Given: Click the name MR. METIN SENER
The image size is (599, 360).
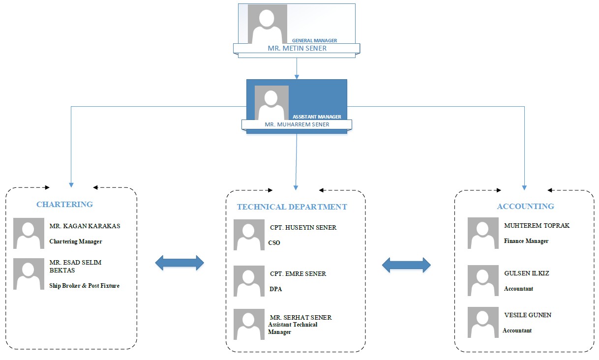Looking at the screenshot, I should [x=297, y=49].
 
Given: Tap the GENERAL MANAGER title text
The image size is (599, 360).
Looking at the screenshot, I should [x=315, y=40].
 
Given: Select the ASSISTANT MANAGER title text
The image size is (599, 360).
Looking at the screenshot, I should [x=317, y=117].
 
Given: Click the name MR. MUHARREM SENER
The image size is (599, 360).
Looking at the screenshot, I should [x=297, y=124].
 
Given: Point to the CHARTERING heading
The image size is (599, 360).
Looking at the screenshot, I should [x=64, y=204].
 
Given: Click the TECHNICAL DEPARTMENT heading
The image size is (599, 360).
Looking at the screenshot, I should [x=292, y=207].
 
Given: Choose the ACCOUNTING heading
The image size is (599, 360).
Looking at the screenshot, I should [x=525, y=207].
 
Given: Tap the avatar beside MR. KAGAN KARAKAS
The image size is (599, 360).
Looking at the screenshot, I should [x=29, y=233].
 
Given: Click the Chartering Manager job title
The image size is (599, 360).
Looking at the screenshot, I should [x=75, y=241].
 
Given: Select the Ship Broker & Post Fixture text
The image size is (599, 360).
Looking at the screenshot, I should [x=84, y=286].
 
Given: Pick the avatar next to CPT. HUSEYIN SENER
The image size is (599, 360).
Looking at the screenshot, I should [x=249, y=235].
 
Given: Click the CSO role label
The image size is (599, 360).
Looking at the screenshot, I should [x=274, y=243].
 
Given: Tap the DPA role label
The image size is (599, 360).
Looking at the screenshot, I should [x=275, y=289].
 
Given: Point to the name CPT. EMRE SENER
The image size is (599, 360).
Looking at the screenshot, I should [x=298, y=274].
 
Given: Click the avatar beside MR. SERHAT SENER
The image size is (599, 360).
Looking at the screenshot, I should [x=249, y=324].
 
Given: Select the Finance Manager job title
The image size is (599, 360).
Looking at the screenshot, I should [x=526, y=241].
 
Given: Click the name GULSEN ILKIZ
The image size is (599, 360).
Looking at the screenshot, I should [x=526, y=273].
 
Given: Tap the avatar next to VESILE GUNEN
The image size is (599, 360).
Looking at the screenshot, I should [x=483, y=322].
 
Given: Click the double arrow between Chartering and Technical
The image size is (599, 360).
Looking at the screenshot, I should [x=180, y=263].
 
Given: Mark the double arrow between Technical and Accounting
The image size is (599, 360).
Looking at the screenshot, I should [x=406, y=265].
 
